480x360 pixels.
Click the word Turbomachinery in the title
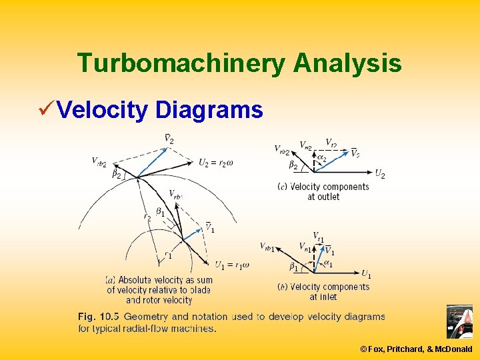tap(180, 63)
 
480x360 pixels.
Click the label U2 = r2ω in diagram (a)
tap(216, 163)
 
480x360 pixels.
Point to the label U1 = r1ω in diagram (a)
tap(232, 265)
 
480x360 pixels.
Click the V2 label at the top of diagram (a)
tap(169, 139)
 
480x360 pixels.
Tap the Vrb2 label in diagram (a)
tap(99, 161)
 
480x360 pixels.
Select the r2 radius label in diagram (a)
tap(147, 217)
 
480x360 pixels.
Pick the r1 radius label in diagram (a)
tap(169, 255)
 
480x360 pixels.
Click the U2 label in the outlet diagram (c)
tap(379, 174)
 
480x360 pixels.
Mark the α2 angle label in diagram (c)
tap(322, 158)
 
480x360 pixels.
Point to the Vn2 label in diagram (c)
tap(306, 145)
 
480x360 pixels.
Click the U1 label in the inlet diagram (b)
tap(366, 274)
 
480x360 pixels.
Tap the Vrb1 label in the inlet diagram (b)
tap(269, 247)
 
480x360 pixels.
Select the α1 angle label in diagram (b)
tap(327, 265)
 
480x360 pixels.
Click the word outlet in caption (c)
tap(327, 197)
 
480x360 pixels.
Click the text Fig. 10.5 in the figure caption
tap(98, 316)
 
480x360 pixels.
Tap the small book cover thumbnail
tap(459, 322)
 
